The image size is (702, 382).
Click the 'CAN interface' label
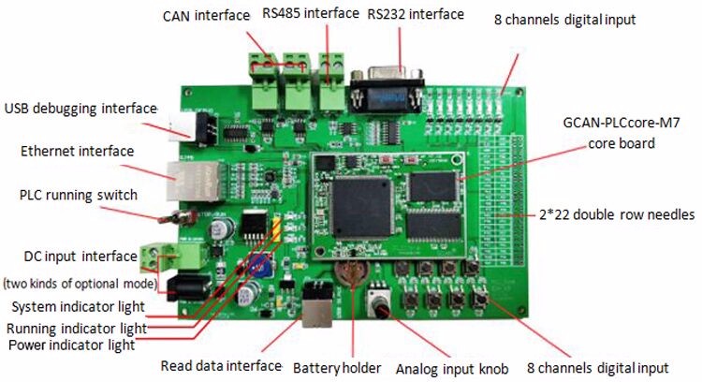[206, 16]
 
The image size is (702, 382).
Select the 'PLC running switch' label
[79, 196]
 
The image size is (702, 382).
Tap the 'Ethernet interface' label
[77, 151]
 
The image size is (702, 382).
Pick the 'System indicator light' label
[78, 307]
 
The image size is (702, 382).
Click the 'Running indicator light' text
[76, 328]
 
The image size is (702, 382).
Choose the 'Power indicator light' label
[72, 345]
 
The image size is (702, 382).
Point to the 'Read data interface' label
[221, 365]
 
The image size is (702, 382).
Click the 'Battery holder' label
[336, 366]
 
